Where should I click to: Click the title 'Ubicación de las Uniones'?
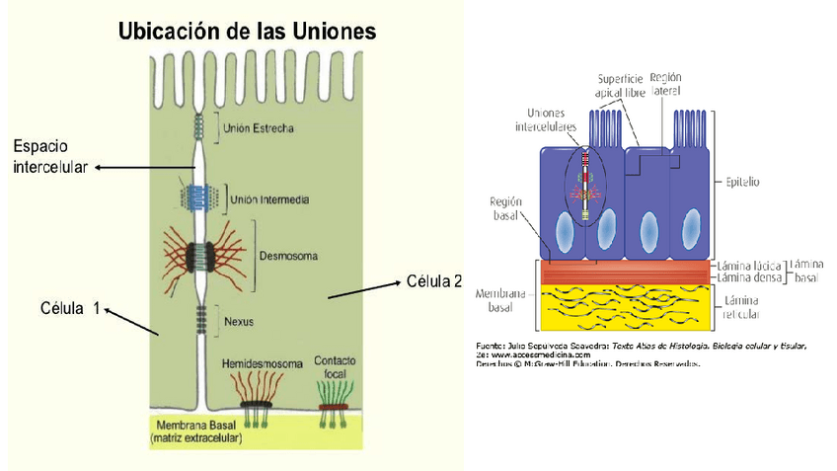(x=247, y=32)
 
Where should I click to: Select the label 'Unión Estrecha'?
(x=259, y=127)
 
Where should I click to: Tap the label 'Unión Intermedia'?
(x=269, y=199)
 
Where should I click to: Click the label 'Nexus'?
(x=240, y=321)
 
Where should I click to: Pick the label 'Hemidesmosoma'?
(x=263, y=363)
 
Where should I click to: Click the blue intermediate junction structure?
(x=202, y=196)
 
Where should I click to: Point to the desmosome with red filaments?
(x=203, y=256)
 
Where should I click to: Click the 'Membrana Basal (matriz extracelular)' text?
(x=196, y=430)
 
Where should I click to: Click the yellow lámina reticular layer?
(x=622, y=307)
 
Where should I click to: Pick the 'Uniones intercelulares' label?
(x=542, y=119)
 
